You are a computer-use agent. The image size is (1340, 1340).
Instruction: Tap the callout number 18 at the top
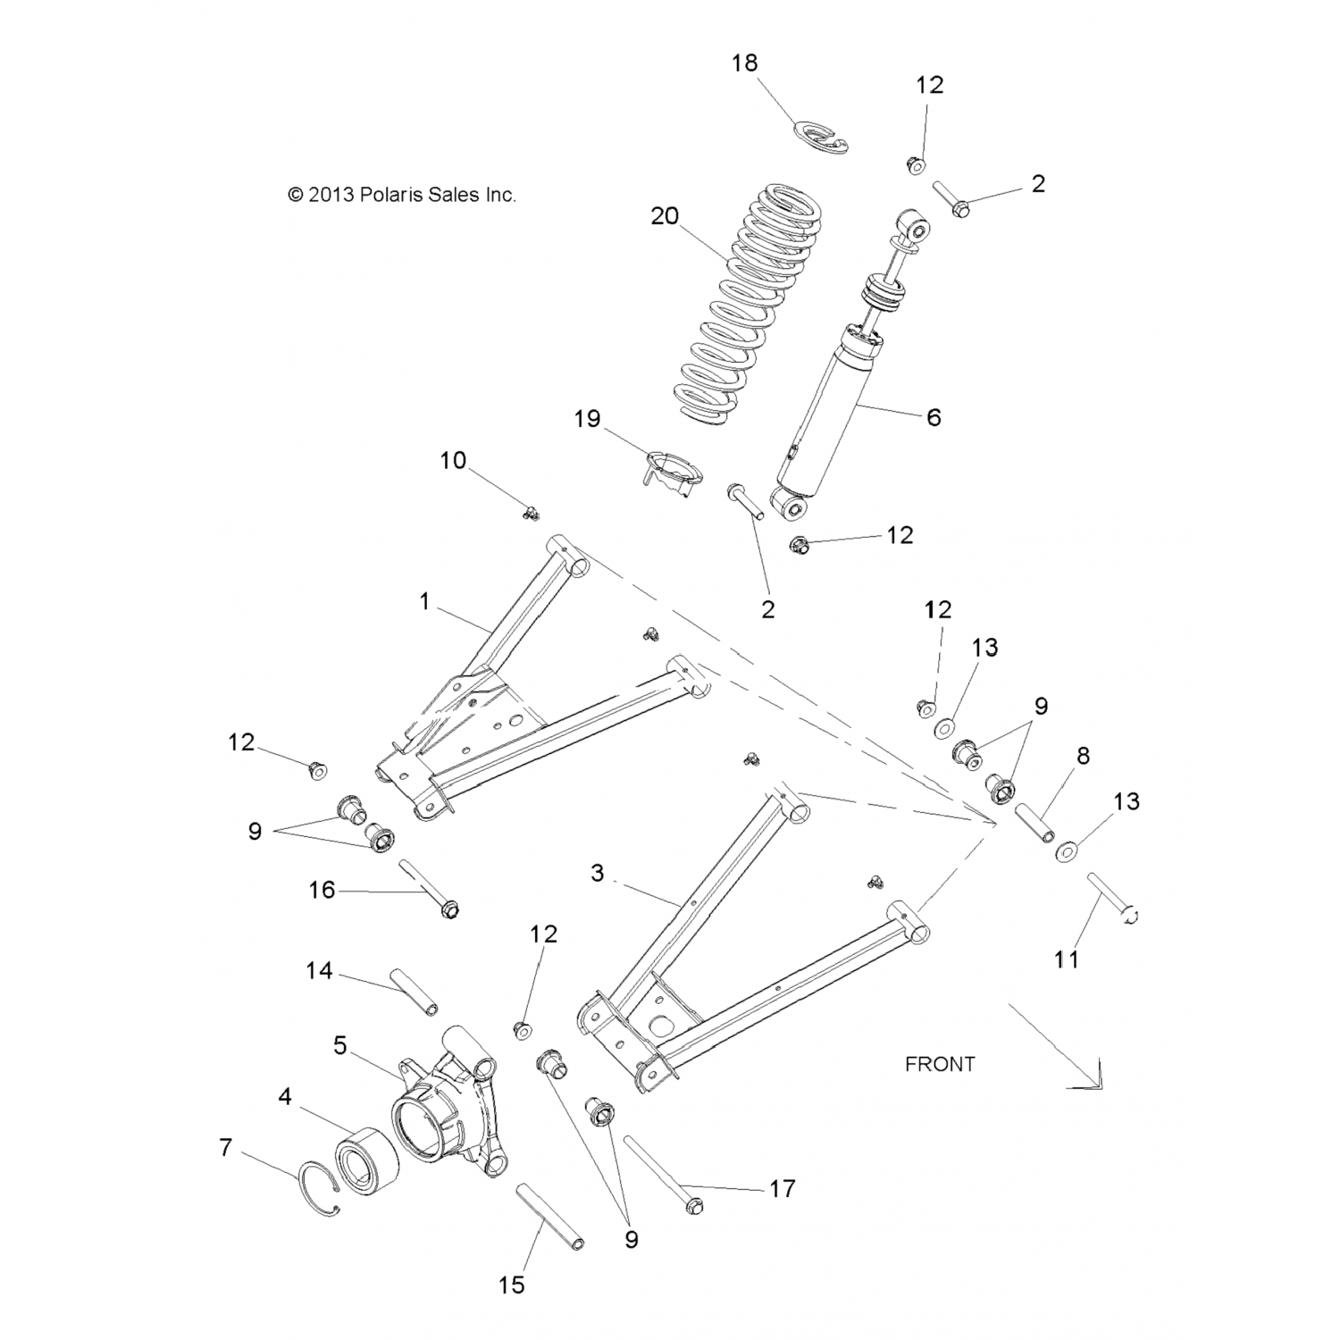click(x=744, y=63)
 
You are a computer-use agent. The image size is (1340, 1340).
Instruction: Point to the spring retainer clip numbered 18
click(x=821, y=136)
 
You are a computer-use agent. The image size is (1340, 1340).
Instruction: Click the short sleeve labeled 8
click(x=1034, y=820)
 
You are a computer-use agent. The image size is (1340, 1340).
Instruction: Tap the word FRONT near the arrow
click(x=940, y=1064)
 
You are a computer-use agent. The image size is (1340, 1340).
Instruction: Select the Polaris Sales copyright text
click(x=402, y=194)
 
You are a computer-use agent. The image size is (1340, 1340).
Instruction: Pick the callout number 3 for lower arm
click(x=598, y=873)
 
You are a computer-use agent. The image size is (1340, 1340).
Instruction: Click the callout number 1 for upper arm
click(x=425, y=602)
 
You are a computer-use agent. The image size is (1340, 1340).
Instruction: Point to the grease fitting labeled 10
click(x=532, y=513)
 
